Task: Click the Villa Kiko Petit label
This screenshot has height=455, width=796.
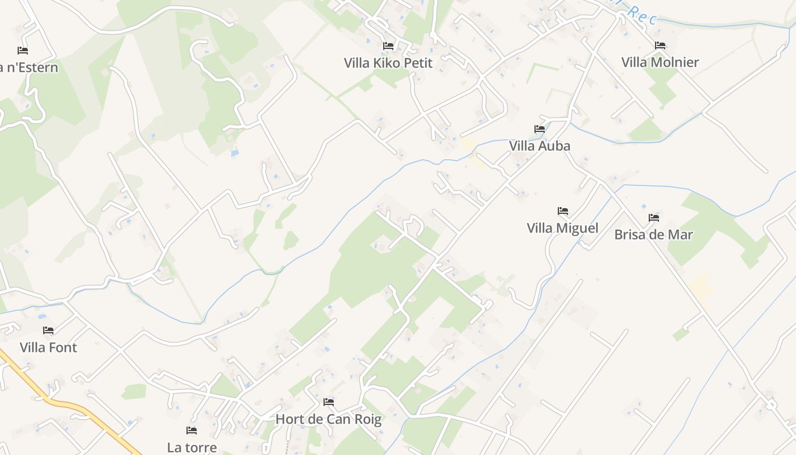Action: (388, 63)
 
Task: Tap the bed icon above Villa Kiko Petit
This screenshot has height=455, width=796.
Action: (388, 45)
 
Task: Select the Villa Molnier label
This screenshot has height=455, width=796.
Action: (660, 62)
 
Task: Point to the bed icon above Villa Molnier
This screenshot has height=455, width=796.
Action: (660, 45)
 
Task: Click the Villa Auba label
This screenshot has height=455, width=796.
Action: (540, 146)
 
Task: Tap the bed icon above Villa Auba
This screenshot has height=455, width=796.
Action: (540, 129)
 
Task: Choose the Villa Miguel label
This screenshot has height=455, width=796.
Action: (562, 228)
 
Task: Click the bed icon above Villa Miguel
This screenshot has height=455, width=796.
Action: (563, 211)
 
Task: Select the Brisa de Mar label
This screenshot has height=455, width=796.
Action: (653, 234)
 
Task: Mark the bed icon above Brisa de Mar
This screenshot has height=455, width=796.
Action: (653, 217)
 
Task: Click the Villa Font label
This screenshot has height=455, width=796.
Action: (48, 347)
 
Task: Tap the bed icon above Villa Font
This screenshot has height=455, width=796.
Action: (48, 330)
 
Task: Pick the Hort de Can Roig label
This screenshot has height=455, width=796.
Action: (328, 419)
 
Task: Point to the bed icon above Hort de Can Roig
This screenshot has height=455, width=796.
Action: (328, 402)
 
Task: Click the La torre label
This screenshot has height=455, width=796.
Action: (192, 447)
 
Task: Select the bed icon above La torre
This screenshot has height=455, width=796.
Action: (192, 431)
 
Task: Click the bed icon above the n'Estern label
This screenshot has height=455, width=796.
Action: (23, 51)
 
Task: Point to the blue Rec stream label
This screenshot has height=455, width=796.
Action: (643, 14)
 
